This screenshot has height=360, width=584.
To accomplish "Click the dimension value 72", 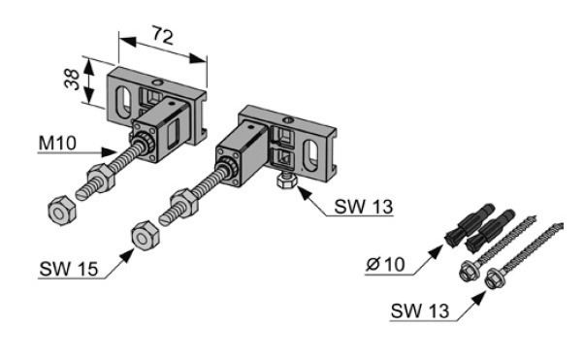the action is coord(163,36).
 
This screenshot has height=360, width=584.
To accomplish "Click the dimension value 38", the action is coord(72,80).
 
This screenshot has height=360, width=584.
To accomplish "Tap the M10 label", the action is coord(57,143).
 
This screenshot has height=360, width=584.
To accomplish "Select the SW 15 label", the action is coord(69,269).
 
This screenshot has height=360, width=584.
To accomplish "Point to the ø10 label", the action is coord(385,265).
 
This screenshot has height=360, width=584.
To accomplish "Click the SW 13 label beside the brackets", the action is coord(364,207).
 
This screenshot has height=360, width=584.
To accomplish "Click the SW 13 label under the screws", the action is coord(420,311).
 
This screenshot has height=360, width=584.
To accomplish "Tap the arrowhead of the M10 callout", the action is coord(109,151).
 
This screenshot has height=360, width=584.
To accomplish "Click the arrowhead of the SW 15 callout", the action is coord(128,255).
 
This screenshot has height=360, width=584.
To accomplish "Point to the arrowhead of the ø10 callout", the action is coord(437,250).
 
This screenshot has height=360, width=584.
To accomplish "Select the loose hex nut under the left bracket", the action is coord(62,211).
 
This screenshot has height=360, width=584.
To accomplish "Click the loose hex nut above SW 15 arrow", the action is coord(146,236).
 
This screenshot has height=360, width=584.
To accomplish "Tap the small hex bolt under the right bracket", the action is coord(285,181).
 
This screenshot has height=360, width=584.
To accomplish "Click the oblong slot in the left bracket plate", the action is coord(123,102).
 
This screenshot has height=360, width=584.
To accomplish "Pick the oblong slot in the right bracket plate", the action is coord(310,155).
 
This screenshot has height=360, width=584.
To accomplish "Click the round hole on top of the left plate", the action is coord(158,82).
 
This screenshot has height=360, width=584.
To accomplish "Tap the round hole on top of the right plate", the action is coord(287,120).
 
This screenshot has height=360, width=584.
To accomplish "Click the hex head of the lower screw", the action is coord(494,278).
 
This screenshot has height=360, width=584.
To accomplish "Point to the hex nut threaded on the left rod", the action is coord(101,176).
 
